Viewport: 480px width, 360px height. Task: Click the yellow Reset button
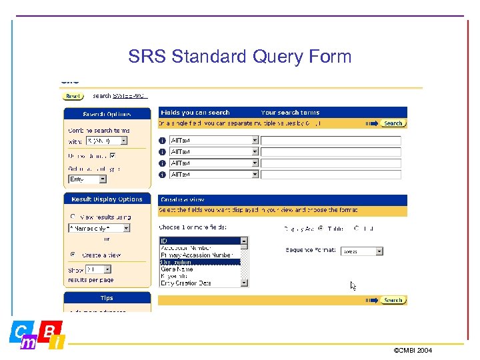click(72, 96)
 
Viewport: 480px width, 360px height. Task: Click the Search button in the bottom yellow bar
click(393, 300)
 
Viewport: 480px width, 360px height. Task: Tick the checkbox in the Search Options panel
click(112, 155)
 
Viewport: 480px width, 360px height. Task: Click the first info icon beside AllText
click(163, 140)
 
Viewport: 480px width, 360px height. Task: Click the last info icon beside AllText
click(163, 175)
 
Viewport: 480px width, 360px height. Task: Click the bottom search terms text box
click(331, 175)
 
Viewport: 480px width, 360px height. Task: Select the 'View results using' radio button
click(73, 217)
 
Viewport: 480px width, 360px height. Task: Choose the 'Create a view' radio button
click(73, 255)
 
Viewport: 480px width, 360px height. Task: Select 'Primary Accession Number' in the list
click(196, 255)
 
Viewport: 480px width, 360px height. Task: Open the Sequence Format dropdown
click(379, 251)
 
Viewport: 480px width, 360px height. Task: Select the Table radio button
click(321, 229)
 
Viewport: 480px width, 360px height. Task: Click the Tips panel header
click(107, 298)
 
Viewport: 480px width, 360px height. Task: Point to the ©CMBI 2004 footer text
click(413, 349)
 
